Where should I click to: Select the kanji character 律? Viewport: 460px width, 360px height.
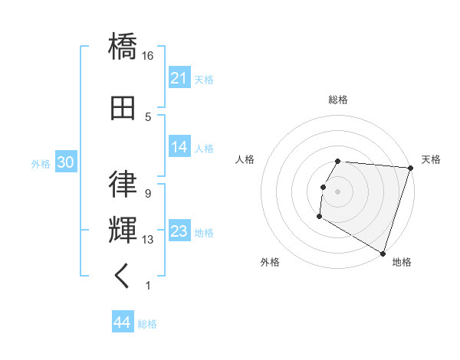(123, 185)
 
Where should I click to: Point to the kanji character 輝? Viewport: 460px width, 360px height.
(123, 230)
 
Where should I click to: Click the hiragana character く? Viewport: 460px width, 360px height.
(123, 277)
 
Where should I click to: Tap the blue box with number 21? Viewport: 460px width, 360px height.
(179, 78)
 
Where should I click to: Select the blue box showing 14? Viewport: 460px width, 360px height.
(179, 148)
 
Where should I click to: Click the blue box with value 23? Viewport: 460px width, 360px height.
(179, 231)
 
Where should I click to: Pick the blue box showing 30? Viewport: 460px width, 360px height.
(65, 162)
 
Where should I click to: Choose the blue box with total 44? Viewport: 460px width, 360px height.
(122, 322)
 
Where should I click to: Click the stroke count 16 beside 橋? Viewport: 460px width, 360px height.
(148, 56)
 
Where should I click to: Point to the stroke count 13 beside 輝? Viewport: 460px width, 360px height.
(148, 240)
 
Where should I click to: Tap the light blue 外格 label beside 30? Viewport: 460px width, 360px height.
(41, 163)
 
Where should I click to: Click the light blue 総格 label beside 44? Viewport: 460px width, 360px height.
(147, 324)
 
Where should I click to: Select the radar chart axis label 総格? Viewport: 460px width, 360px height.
(337, 100)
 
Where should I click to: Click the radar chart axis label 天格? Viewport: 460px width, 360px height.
(431, 159)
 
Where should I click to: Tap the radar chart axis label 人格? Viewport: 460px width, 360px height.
(245, 159)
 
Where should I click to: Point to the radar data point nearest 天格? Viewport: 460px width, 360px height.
(410, 168)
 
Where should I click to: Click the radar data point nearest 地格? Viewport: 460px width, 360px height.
(382, 252)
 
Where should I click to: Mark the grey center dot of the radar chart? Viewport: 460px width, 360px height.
(337, 191)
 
